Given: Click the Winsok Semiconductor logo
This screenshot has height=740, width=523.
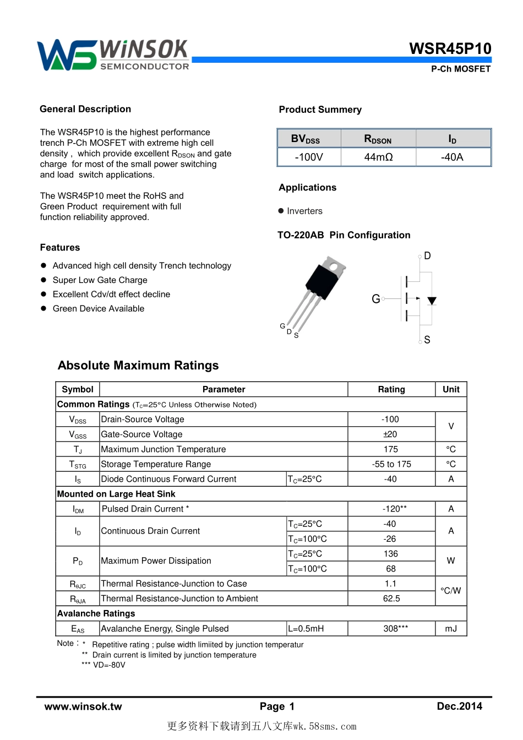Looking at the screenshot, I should pos(113,55).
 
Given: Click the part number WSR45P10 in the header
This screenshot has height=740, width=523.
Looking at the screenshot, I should pos(450,48).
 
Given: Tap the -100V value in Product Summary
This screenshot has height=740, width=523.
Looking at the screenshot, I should pos(309,157).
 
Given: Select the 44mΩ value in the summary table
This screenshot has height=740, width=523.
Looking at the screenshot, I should pos(378,157).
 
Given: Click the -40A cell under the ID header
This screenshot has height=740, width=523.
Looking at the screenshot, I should pos(452,157).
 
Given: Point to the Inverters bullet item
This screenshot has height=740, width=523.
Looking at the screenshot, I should pos(304,211).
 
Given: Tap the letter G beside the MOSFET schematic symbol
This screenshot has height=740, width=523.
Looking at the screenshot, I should pos(375,299).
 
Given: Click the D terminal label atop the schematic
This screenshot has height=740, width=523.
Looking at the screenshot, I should pos(427,256).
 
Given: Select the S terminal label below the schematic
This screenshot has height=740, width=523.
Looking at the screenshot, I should pos(427,340).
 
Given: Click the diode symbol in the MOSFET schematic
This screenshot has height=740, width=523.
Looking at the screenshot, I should pos(432,301).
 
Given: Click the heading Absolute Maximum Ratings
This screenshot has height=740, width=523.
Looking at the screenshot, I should pos(138,366).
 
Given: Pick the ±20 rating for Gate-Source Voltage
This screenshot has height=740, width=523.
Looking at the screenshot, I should pos(390,434).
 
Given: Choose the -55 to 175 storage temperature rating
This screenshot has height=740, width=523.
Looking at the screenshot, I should pos(391,464).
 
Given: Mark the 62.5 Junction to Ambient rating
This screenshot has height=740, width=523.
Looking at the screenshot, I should pos(391,598).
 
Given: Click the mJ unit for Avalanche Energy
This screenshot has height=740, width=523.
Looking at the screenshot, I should pos(451,628).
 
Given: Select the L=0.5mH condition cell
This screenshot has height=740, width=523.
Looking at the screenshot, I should pos(306,628).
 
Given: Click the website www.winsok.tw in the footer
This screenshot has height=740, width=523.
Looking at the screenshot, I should pos(83,706).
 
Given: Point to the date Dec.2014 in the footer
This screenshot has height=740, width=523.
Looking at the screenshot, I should pos(459,706).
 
